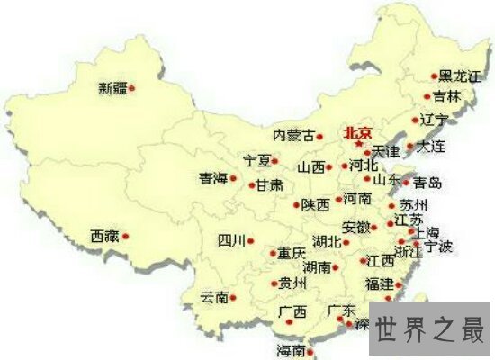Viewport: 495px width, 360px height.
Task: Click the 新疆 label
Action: click(112, 88)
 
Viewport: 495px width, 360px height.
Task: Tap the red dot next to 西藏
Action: click(126, 237)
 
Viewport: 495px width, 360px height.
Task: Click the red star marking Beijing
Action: click(358, 144)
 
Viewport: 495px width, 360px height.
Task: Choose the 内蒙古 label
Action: click(294, 136)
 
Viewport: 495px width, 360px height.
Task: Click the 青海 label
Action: click(214, 179)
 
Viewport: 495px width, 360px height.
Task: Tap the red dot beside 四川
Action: click(250, 241)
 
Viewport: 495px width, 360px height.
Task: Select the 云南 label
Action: click(214, 297)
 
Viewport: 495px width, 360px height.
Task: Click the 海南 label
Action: click(291, 350)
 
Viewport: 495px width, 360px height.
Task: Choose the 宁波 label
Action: click(440, 246)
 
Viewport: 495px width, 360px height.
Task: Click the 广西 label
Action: click(292, 313)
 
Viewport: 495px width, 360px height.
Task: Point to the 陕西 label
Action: click(315, 205)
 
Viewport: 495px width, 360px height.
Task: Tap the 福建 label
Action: click(379, 284)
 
